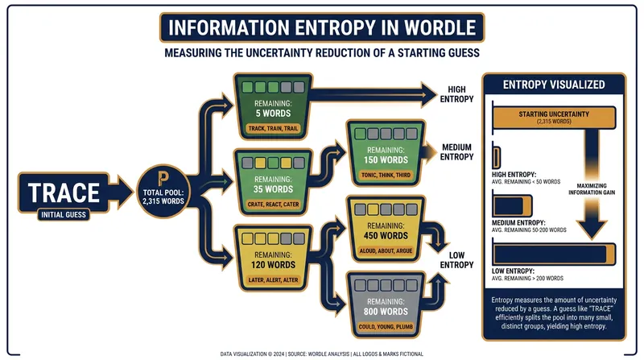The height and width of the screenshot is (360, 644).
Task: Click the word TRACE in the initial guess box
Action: point(64,192)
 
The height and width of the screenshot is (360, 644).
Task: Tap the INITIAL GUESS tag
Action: point(64,214)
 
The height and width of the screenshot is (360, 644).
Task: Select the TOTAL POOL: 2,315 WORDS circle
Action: point(163,191)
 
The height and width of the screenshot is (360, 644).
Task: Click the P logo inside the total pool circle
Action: point(163,178)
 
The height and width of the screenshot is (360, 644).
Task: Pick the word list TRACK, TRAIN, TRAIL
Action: point(273,128)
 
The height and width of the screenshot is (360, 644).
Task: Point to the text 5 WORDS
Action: point(273,114)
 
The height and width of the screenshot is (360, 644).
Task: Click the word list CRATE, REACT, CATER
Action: point(273,205)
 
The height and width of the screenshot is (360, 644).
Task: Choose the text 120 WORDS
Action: point(273,265)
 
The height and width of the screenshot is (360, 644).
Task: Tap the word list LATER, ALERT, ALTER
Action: point(273,279)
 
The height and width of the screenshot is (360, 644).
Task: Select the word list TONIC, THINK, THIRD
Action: point(386,175)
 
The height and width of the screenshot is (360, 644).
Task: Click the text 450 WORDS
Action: point(386,236)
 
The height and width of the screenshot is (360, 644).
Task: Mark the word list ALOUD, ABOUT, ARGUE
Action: point(386,250)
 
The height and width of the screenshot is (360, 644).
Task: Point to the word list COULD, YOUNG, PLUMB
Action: point(386,327)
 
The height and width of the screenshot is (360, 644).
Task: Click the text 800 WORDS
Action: point(386,312)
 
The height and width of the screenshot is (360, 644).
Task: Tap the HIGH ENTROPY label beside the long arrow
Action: point(456,94)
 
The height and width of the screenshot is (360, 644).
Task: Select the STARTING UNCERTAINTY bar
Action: point(554,117)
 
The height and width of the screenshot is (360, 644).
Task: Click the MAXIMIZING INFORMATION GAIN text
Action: point(592,189)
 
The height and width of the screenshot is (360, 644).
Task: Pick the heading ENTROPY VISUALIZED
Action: point(554,85)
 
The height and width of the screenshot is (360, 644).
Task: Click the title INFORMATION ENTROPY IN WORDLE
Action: point(322,28)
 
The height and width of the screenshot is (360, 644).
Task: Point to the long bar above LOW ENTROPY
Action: point(554,254)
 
